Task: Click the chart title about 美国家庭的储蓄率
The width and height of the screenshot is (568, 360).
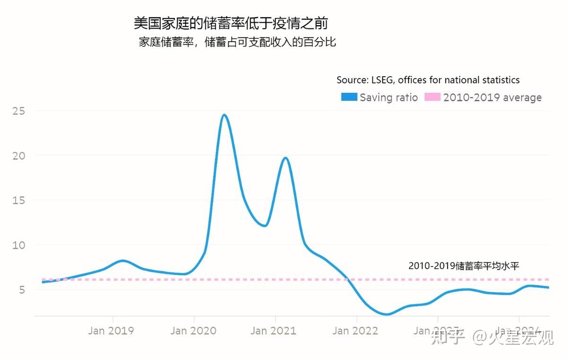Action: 231,23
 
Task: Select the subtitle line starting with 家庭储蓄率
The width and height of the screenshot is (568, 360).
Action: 237,42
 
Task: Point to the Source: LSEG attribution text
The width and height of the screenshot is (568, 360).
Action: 428,80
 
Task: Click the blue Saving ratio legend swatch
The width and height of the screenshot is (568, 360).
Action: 349,97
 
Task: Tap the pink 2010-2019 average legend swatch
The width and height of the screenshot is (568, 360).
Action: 432,97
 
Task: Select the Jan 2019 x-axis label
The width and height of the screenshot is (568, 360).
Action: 111,331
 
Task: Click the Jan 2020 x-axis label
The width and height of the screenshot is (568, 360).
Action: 192,331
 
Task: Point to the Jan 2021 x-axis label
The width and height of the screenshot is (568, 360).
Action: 273,331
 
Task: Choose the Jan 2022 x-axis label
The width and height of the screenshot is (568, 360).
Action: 355,331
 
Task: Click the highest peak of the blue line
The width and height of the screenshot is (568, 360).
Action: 224,115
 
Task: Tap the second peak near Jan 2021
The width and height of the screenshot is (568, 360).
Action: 285,158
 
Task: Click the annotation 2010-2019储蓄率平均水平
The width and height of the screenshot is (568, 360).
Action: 464,266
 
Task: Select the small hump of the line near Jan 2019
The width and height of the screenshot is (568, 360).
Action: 123,261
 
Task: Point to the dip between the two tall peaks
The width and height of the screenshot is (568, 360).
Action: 265,225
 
